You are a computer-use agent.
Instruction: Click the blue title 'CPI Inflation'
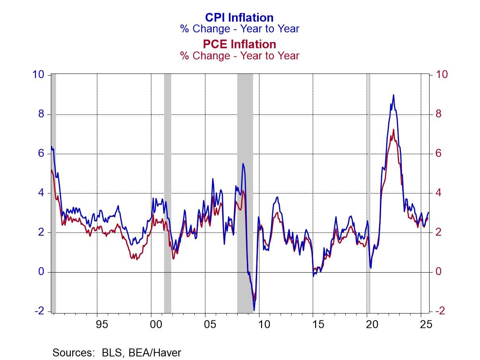coord(239,17)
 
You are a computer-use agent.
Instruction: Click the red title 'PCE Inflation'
coord(239,44)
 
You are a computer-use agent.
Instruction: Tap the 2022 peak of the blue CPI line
coord(393,95)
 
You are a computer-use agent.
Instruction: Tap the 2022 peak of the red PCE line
coord(393,130)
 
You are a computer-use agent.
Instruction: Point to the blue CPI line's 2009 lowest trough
coord(254,310)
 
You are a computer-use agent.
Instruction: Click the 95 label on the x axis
coord(102,325)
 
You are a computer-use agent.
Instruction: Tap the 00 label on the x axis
coord(156,325)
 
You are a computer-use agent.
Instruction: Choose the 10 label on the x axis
coord(264,325)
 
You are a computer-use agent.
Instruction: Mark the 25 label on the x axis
coord(426,325)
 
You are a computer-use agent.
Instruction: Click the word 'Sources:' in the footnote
coord(70,352)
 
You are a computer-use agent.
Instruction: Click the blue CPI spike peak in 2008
coord(243,164)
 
